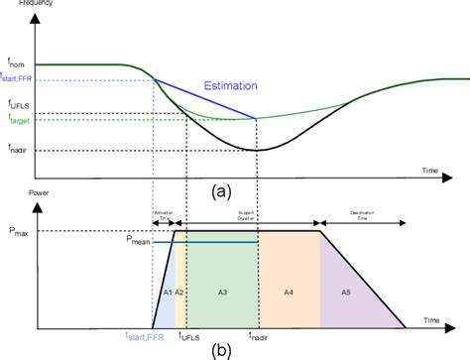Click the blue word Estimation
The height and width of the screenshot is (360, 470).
(x=233, y=84)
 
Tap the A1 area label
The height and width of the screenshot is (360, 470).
(x=166, y=294)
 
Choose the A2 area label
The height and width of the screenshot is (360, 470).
(x=179, y=294)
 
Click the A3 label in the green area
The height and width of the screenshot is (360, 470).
(x=222, y=294)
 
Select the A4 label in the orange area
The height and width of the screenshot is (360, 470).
(x=288, y=294)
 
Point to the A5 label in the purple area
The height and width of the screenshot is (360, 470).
(x=345, y=294)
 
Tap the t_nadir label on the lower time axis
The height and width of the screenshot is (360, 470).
(x=259, y=335)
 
